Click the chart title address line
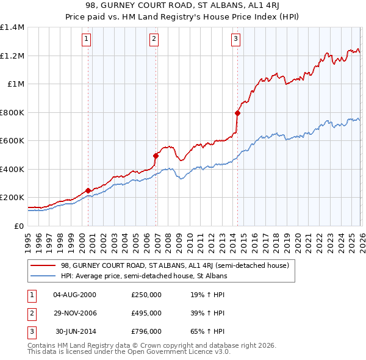click(x=183, y=5)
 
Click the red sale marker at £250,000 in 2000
click(x=88, y=190)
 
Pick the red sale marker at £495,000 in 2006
click(x=156, y=156)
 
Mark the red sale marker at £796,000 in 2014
click(x=237, y=113)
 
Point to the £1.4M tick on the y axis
click(x=12, y=27)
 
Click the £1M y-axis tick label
click(x=15, y=84)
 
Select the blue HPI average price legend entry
click(x=143, y=276)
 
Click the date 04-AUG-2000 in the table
click(x=74, y=295)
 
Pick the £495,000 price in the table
click(x=146, y=313)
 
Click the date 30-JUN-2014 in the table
click(x=74, y=331)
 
